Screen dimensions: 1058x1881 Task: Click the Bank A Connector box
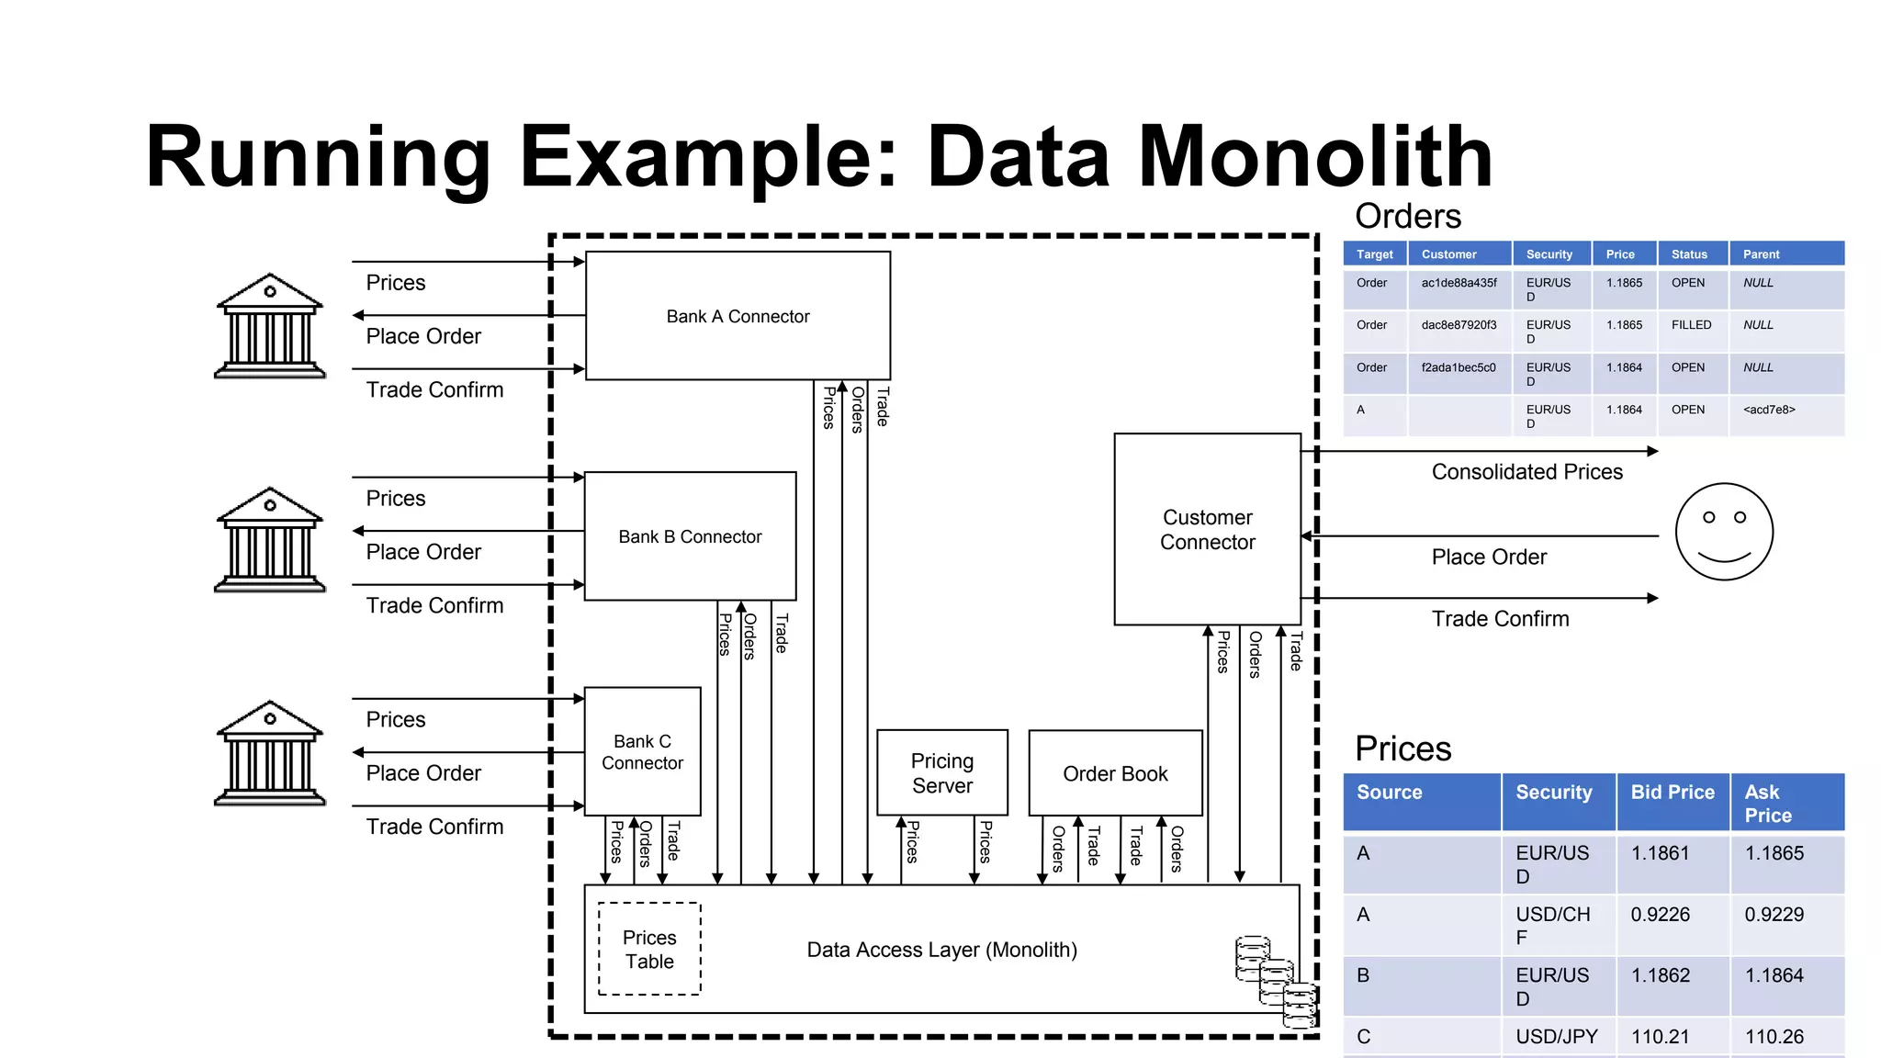[x=738, y=316]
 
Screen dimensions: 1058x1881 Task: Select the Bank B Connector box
[x=690, y=536]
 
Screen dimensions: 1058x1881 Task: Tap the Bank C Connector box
[x=642, y=751]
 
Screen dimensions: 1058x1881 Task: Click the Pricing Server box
[x=941, y=772]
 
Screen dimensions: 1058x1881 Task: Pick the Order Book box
[x=1115, y=773]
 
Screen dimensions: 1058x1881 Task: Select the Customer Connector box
[x=1207, y=529]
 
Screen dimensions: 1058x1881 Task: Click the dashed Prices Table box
[x=649, y=949]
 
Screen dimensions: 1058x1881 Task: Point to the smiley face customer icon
[x=1724, y=532]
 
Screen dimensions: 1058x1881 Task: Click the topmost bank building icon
[x=269, y=326]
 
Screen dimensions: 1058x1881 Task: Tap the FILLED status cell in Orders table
[x=1691, y=325]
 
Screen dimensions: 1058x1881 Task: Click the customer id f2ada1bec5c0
[x=1458, y=367]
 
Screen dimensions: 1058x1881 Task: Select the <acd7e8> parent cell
[x=1769, y=410]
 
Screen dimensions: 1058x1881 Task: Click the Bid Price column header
[x=1673, y=792]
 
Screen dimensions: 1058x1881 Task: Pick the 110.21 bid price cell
[x=1660, y=1036]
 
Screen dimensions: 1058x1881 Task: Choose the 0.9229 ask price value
[x=1774, y=914]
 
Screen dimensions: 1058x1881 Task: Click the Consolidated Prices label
[x=1526, y=472]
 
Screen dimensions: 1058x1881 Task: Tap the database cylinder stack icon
[x=1276, y=981]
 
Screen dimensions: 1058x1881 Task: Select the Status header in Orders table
[x=1689, y=254]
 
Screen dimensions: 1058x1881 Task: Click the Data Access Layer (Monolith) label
[x=941, y=950]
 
